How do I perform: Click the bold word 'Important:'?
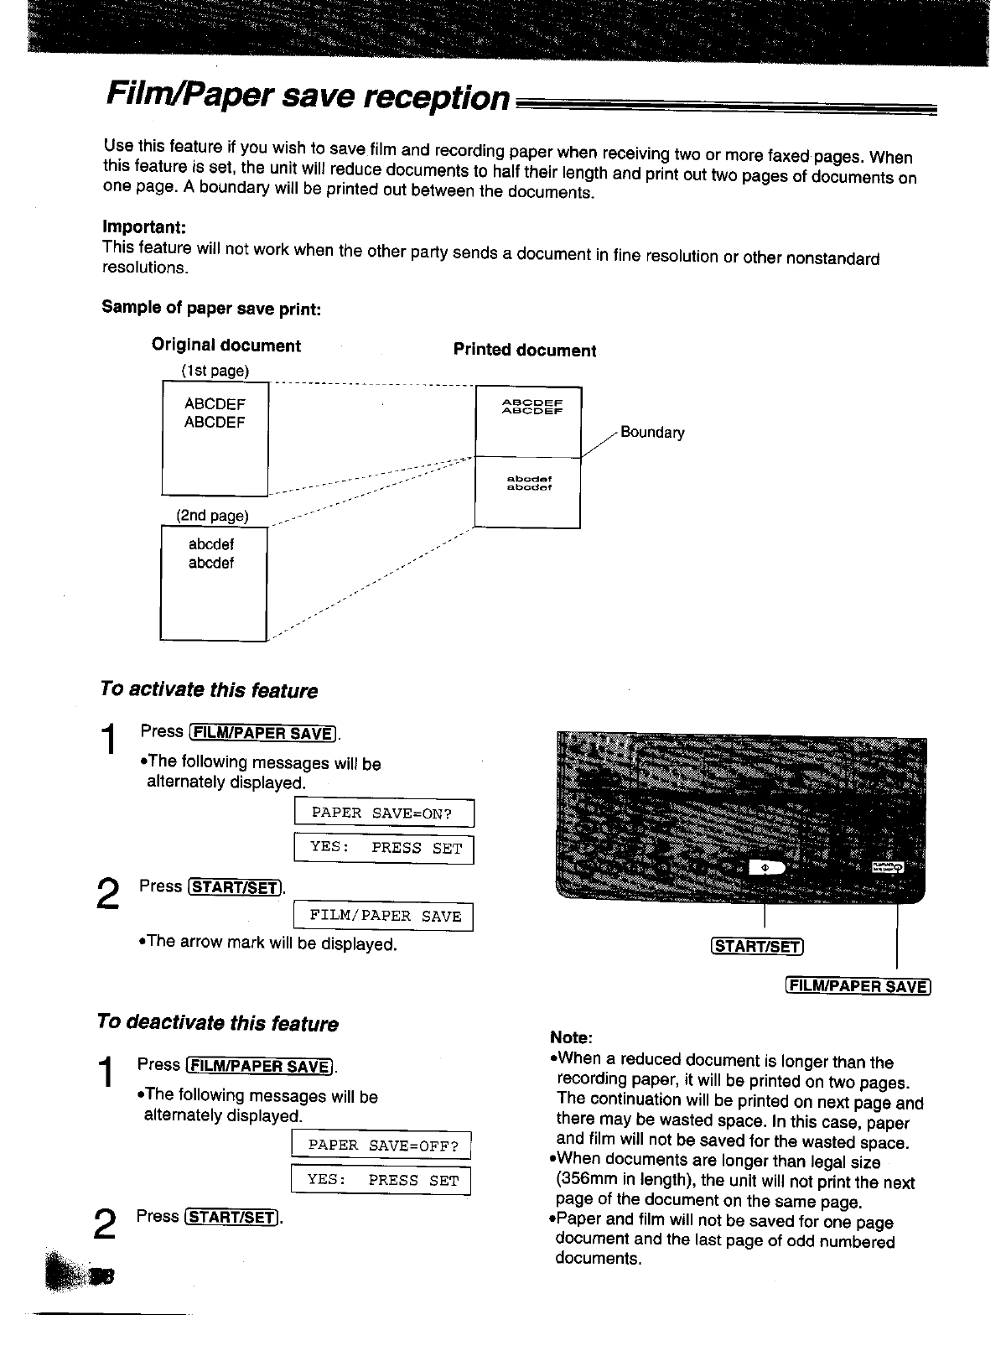pos(143,227)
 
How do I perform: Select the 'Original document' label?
pos(226,346)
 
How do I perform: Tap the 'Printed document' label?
pos(525,350)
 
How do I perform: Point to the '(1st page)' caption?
pos(215,371)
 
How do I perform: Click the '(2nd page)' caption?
pos(212,515)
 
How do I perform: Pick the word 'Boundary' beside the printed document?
pos(652,433)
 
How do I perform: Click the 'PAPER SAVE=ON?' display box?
pos(384,813)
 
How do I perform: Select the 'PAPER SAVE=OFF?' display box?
pos(381,1146)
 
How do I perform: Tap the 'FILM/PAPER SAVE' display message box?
pos(385,917)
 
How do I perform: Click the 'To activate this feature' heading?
pos(208,690)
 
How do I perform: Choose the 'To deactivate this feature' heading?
pos(217,1023)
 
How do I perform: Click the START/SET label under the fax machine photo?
pos(757,947)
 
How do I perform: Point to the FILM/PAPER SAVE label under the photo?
pos(858,986)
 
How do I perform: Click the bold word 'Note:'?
pos(572,1037)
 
